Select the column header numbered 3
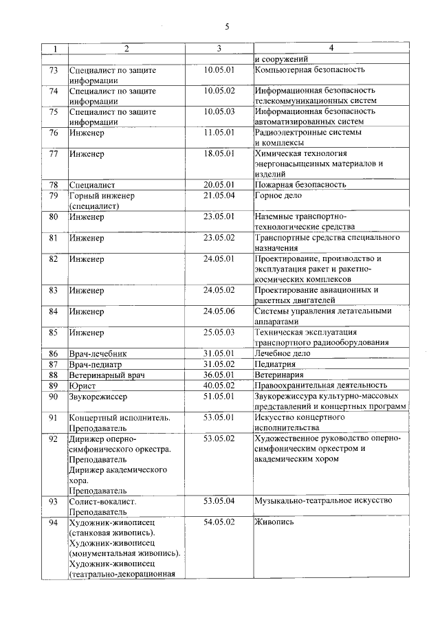point(219,48)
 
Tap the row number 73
point(54,70)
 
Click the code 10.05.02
point(219,91)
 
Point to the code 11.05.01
point(219,132)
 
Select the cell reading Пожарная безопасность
point(300,185)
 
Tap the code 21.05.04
point(219,195)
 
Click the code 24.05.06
point(219,311)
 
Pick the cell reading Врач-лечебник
point(98,353)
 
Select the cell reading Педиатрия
point(275,364)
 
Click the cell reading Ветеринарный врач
point(107,375)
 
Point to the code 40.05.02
point(219,385)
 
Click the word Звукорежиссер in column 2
point(98,396)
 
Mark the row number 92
point(54,438)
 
